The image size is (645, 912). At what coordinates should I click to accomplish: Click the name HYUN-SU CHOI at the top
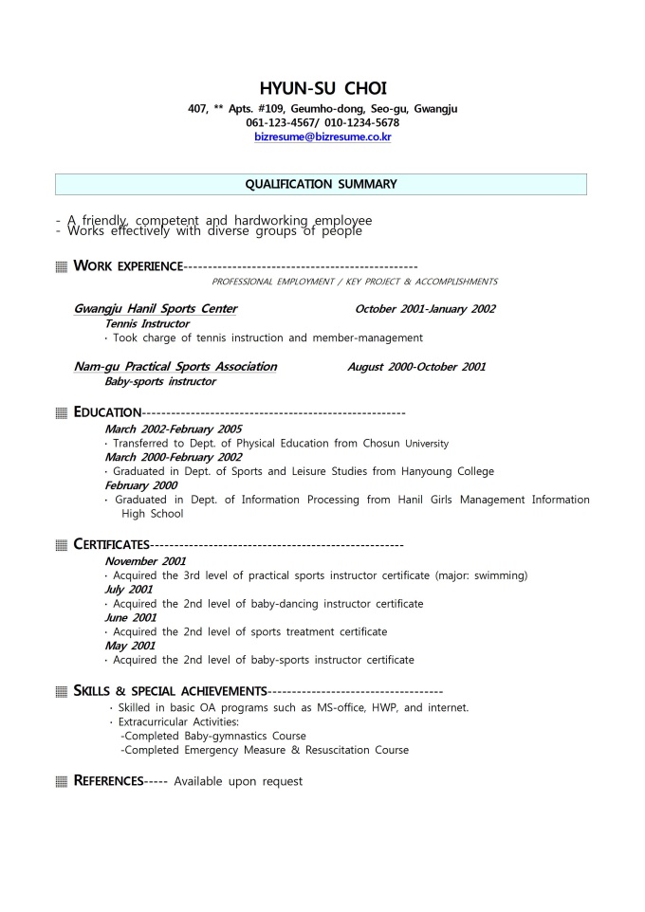322,89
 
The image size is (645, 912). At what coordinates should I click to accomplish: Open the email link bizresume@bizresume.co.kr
322,137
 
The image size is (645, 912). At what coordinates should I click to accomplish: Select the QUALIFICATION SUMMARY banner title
322,184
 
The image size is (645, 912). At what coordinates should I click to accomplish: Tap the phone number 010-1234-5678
361,122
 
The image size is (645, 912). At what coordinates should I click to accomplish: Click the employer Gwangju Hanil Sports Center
156,309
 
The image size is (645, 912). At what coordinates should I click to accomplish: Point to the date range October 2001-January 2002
425,309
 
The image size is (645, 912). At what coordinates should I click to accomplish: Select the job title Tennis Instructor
147,323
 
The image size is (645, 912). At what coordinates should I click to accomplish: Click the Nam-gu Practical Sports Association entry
175,367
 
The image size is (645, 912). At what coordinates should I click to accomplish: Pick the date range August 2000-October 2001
416,367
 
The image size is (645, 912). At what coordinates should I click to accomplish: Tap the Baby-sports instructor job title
160,381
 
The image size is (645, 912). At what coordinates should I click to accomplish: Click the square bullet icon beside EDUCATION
62,412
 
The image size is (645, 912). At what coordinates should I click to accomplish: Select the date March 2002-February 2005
173,429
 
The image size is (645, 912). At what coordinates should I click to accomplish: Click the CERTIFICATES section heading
111,544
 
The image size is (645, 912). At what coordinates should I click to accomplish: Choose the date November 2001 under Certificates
145,561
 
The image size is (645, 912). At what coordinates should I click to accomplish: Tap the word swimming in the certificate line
499,575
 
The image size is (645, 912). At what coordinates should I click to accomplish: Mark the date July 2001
128,590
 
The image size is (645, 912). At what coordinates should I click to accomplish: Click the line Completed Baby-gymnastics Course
213,736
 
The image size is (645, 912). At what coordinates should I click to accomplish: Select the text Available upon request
238,781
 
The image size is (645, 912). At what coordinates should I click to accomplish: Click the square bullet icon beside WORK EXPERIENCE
62,266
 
